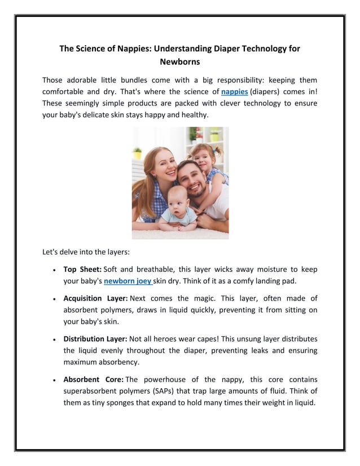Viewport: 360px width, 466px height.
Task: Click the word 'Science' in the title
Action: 97,49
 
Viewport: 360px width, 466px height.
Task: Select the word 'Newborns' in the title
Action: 180,61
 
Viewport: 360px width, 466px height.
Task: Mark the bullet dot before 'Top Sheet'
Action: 52,270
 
